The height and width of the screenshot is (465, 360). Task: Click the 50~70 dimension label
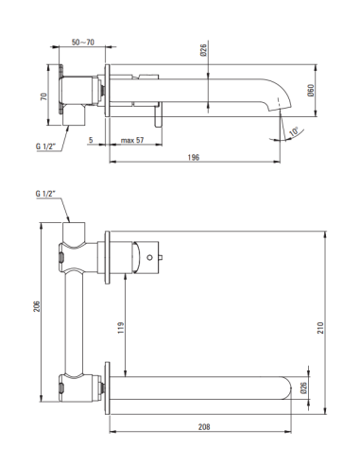(83, 43)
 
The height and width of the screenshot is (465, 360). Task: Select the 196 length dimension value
(194, 157)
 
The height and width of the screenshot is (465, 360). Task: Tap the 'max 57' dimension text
(132, 140)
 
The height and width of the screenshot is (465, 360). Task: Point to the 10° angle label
(294, 131)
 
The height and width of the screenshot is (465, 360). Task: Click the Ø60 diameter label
(311, 91)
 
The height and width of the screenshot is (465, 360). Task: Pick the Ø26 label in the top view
(203, 50)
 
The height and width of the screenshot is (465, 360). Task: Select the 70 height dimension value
(43, 96)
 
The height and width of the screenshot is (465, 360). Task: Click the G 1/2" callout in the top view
(45, 146)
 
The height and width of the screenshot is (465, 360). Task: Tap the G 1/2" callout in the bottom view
(45, 194)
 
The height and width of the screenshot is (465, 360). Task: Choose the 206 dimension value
(37, 306)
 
